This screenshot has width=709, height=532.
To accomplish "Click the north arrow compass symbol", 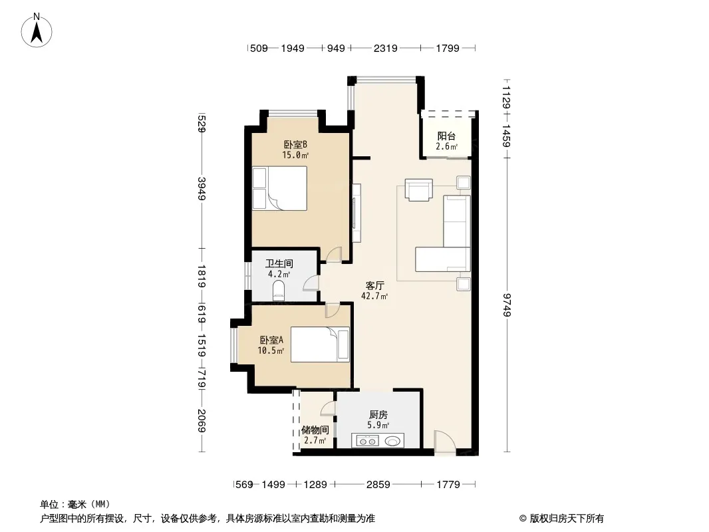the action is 37,30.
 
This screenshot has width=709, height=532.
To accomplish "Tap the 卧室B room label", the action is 296,145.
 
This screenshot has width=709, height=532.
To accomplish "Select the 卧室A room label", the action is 271,340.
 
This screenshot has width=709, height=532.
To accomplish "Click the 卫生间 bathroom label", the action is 279,263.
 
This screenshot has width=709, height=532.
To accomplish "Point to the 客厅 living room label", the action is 375,286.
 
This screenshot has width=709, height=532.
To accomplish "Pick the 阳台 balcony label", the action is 446,136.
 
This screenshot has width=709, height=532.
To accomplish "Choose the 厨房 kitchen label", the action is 378,414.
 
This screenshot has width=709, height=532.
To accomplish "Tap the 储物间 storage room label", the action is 315,430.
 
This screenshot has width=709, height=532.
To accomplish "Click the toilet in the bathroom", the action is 279,291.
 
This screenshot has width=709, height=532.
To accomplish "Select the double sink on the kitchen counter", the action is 367,441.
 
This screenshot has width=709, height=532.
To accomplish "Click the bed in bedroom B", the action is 279,188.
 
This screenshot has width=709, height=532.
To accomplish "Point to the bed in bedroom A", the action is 320,344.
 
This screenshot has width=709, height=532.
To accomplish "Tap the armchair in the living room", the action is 419,190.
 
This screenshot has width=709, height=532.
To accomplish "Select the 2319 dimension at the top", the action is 385,48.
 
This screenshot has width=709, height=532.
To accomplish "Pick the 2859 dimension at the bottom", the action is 378,485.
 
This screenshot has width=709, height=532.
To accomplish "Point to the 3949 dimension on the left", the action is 202,189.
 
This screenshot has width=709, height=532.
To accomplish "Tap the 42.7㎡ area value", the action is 374,297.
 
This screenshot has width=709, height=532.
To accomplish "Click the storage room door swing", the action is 327,408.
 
